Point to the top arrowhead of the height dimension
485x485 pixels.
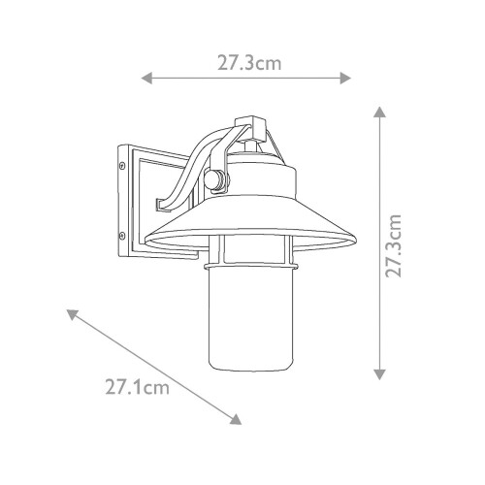point(379,113)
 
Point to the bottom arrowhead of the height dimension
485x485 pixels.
point(379,374)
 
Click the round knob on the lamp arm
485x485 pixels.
point(216,180)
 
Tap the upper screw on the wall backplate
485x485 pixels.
point(120,165)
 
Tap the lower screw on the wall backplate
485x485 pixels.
point(120,235)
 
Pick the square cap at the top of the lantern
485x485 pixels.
point(252,126)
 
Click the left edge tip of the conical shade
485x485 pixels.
point(145,241)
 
